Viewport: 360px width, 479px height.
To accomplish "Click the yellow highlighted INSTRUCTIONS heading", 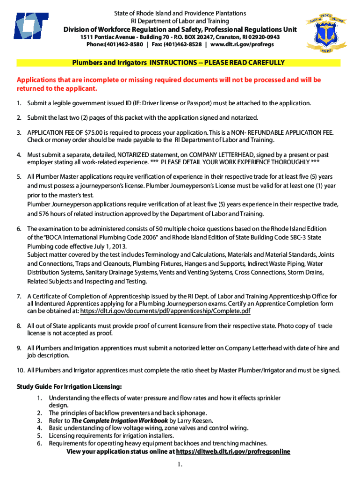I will [178, 63].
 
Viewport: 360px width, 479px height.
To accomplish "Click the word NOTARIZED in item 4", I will [136, 154].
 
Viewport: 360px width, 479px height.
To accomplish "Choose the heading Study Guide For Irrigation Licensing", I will [69, 386].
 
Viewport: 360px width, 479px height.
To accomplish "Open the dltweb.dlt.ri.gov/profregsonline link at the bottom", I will [233, 451].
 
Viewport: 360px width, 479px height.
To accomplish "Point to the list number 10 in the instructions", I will [20, 370].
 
